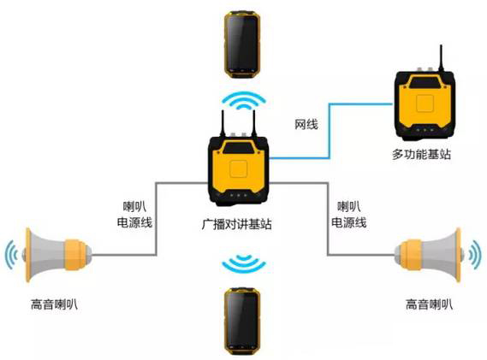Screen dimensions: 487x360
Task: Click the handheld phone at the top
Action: point(242,44)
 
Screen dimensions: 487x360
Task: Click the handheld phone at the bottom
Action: point(242,322)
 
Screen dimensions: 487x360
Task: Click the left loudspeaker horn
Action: point(57,255)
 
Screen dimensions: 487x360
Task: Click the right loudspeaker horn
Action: point(429,255)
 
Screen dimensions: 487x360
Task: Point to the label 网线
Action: point(306,125)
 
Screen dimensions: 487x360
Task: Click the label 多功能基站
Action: point(421,154)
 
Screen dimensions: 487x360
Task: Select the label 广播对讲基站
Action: point(237,224)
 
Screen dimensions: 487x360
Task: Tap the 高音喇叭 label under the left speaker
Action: point(54,304)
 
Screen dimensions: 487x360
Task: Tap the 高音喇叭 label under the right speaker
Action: point(430,304)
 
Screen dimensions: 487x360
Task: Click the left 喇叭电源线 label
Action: point(134,215)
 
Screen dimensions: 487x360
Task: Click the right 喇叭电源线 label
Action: point(349,215)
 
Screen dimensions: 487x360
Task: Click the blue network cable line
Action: point(330,131)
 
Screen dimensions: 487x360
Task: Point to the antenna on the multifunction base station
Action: point(441,57)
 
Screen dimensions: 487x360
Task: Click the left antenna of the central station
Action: point(223,123)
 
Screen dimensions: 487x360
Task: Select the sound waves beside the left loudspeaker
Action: point(11,255)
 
